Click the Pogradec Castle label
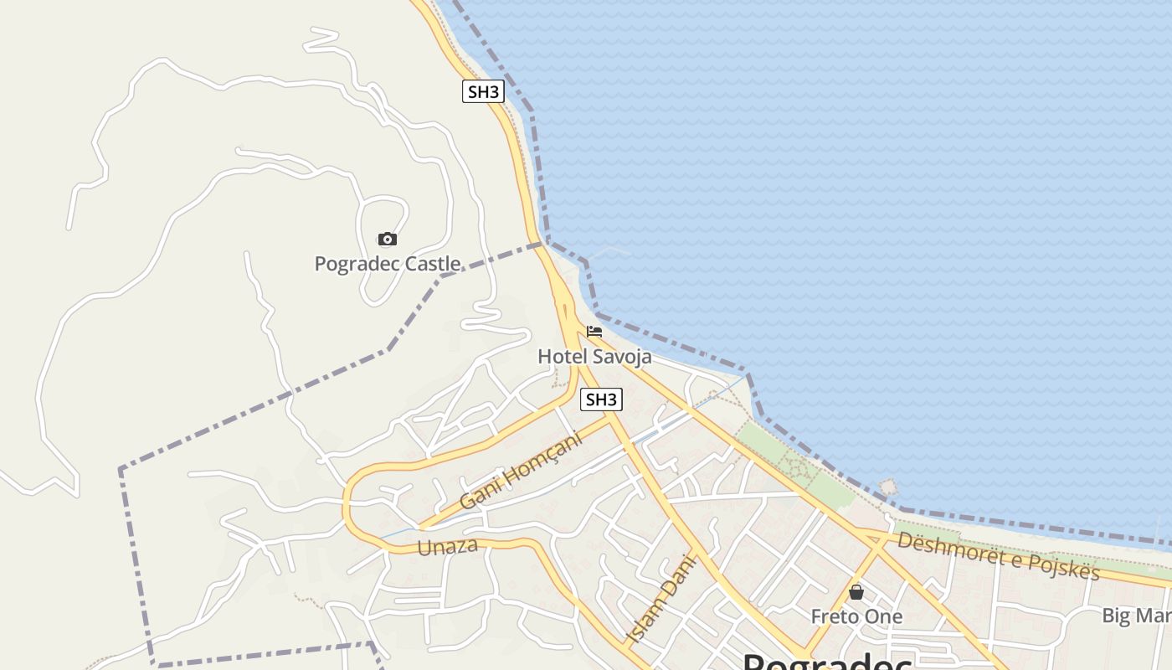point(387,264)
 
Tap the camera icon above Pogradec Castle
point(387,240)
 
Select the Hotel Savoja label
point(594,356)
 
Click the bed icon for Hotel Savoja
point(594,332)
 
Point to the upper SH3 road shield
point(483,91)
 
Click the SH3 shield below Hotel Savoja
point(601,399)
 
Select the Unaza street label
point(447,547)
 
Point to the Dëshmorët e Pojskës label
point(998,554)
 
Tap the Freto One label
point(856,616)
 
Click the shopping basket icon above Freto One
point(856,593)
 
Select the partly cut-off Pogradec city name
point(827,662)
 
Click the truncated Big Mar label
point(1136,616)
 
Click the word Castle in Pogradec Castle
point(433,264)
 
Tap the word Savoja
point(622,356)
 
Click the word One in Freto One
point(886,616)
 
